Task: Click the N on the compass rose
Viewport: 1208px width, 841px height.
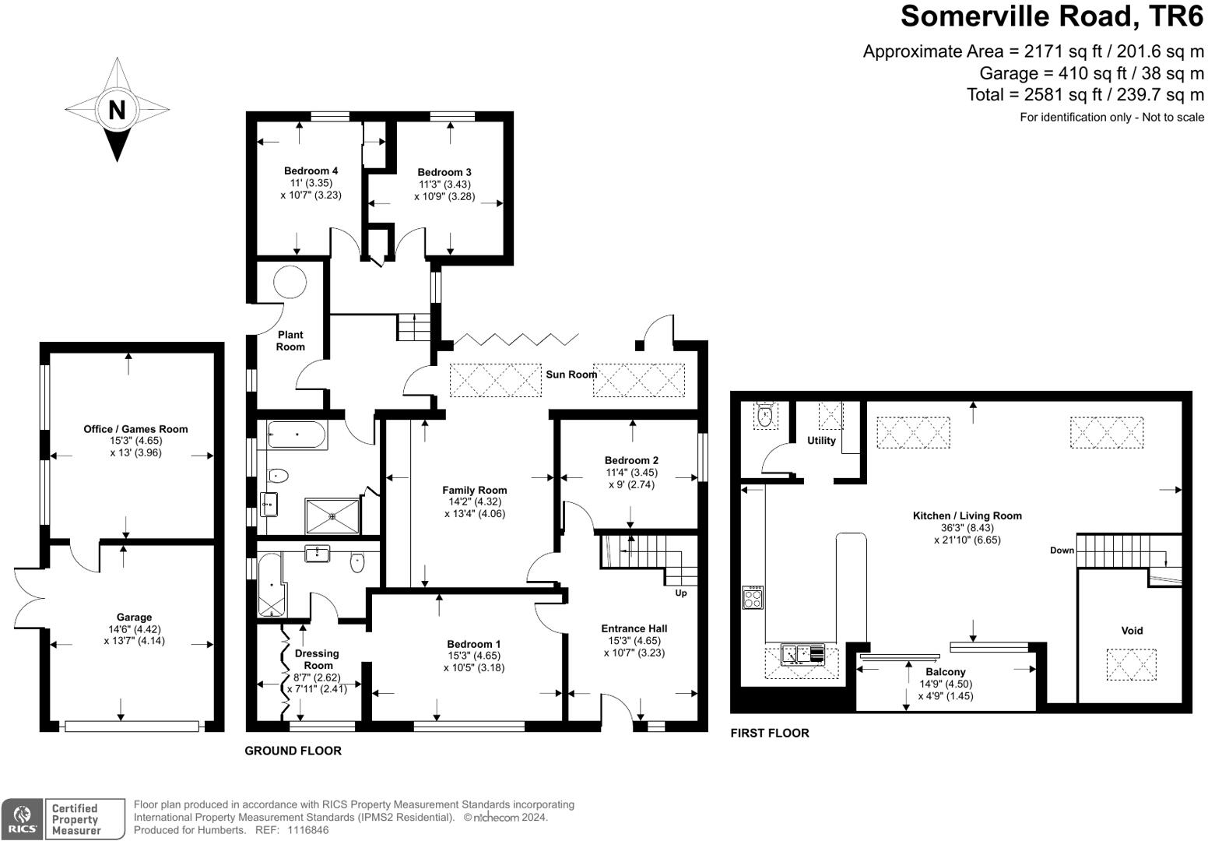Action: (x=117, y=110)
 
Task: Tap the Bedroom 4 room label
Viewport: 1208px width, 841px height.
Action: (x=311, y=171)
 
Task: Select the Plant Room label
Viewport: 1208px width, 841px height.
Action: (x=290, y=340)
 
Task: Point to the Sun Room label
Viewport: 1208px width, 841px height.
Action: (x=571, y=375)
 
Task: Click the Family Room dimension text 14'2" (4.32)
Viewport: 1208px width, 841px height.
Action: (x=475, y=502)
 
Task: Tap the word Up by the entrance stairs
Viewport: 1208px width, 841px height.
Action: (x=681, y=593)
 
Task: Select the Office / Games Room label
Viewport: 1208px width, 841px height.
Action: (x=135, y=429)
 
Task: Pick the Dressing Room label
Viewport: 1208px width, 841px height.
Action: (x=317, y=660)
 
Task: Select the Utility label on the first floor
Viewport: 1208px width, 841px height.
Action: (x=821, y=441)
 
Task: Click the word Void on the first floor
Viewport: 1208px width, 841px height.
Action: (x=1132, y=631)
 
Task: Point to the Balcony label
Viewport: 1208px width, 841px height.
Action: (x=946, y=672)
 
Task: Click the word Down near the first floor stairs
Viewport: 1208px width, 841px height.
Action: (x=1062, y=551)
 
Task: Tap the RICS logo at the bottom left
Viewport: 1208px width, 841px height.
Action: (x=21, y=818)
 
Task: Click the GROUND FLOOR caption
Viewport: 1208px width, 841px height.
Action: (x=293, y=751)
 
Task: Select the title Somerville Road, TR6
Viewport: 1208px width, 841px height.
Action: (x=1052, y=16)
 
